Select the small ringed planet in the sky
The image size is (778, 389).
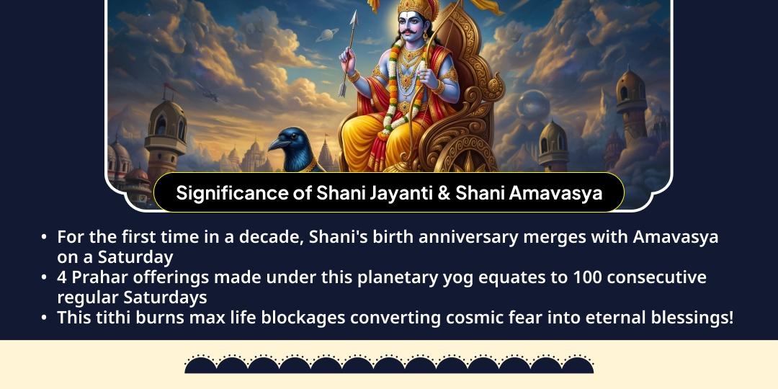pos(326,35)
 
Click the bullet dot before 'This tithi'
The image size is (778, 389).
pos(45,318)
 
